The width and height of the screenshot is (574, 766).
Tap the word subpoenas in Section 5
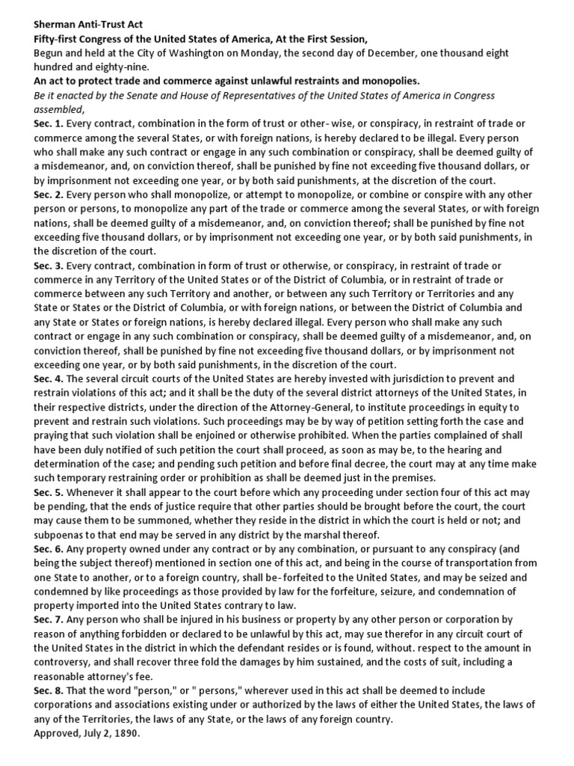66,535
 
